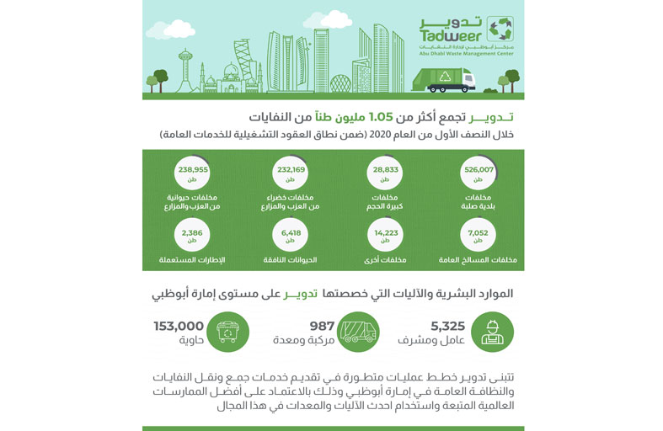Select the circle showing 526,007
(478, 173)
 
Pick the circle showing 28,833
(384, 173)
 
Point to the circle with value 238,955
(193, 173)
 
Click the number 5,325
(447, 325)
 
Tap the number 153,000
(179, 325)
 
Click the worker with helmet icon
(492, 333)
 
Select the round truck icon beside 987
(358, 333)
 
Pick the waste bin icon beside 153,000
(227, 333)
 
